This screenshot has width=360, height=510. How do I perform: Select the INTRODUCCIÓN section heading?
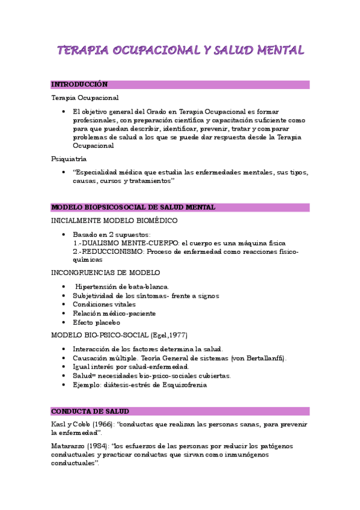pos(79,85)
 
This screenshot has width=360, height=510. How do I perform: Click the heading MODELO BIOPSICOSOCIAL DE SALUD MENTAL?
pos(133,207)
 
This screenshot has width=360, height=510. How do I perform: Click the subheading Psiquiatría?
pos(69,159)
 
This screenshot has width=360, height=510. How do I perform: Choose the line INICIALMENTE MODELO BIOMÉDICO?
pos(114,221)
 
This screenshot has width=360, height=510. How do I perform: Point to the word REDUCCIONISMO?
pos(112,251)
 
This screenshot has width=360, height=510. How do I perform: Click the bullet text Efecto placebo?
pos(96,322)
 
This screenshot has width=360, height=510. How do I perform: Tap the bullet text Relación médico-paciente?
pos(114,313)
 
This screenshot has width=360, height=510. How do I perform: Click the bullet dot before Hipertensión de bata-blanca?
pos(63,287)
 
